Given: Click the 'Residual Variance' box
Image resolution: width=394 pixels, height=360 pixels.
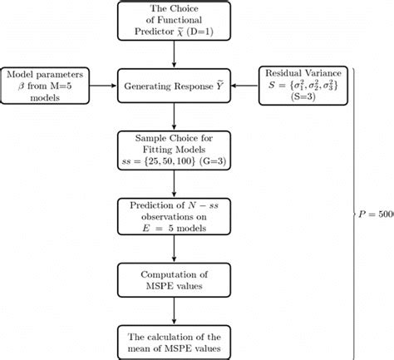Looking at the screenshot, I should tap(303, 86).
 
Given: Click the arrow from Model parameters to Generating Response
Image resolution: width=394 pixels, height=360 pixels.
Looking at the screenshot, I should tap(102, 86).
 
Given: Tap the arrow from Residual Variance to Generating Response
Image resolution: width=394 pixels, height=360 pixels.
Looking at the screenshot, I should tap(244, 86).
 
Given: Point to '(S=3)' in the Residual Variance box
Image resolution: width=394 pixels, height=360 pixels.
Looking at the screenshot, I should tap(303, 98).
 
